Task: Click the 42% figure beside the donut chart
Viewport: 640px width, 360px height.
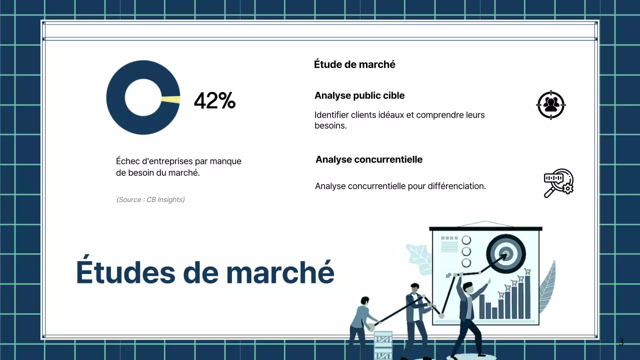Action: [214, 101]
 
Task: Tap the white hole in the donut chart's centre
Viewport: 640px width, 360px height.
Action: [143, 97]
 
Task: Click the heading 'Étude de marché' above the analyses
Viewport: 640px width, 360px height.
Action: [354, 64]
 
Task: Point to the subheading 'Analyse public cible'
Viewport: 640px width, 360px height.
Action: [359, 95]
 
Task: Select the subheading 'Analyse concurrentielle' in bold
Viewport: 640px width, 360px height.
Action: [369, 159]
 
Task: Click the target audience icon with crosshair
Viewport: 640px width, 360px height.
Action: [550, 104]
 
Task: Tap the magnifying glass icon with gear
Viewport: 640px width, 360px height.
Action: [558, 183]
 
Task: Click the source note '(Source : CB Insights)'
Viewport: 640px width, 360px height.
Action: [150, 199]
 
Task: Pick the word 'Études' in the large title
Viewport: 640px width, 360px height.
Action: [127, 272]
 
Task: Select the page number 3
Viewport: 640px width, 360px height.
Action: [621, 342]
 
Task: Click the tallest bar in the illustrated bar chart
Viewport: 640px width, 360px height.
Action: [527, 296]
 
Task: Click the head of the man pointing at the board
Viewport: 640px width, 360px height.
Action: [467, 288]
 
